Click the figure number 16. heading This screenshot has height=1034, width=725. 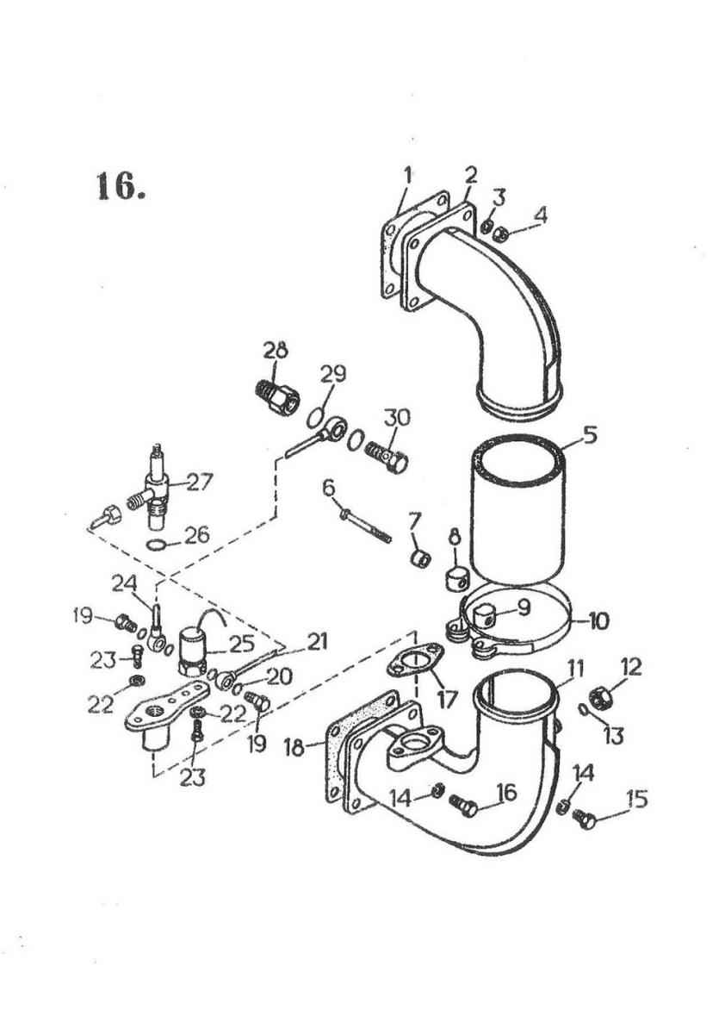(x=121, y=186)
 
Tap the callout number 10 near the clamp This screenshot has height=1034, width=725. (x=598, y=621)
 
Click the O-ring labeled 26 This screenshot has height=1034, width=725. (x=157, y=546)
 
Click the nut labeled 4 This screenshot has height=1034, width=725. (x=500, y=236)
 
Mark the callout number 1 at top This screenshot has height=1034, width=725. (x=407, y=175)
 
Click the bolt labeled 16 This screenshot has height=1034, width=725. (x=464, y=807)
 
